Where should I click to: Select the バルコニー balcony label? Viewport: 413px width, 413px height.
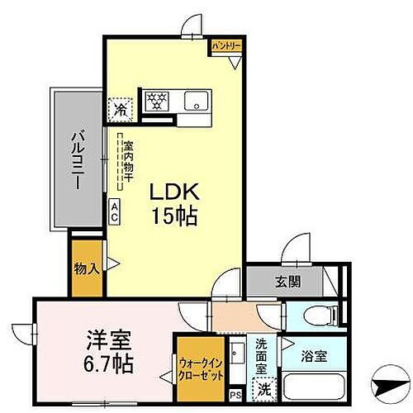click(74, 159)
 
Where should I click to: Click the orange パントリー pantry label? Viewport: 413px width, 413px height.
click(225, 46)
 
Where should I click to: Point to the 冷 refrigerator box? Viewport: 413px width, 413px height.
click(121, 107)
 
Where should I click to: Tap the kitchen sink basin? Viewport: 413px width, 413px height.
click(197, 102)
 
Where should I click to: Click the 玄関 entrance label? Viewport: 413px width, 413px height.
click(288, 281)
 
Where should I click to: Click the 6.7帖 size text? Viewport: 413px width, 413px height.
click(109, 363)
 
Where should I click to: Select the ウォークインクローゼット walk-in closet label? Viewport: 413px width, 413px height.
click(199, 365)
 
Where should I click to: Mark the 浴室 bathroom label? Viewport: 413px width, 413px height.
click(313, 357)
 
